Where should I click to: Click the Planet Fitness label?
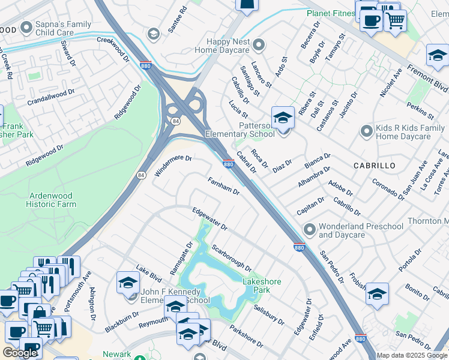331,13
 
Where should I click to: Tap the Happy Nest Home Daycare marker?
259,45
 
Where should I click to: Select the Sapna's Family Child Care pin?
26,27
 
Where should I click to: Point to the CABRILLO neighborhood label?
374,165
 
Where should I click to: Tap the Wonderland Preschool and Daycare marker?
310,229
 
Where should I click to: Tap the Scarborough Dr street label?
231,257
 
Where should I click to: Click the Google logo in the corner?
20,353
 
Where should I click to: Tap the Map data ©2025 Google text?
412,355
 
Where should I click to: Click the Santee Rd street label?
179,19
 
